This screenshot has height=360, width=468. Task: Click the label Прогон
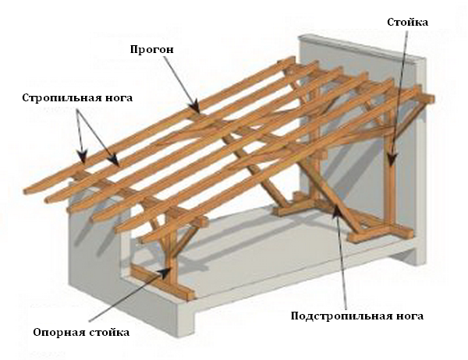[151, 48]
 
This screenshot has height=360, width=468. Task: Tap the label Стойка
[407, 23]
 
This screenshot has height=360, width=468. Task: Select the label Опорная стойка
[80, 331]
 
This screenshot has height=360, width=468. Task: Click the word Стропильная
[51, 98]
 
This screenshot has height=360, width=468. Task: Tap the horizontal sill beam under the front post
[160, 281]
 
